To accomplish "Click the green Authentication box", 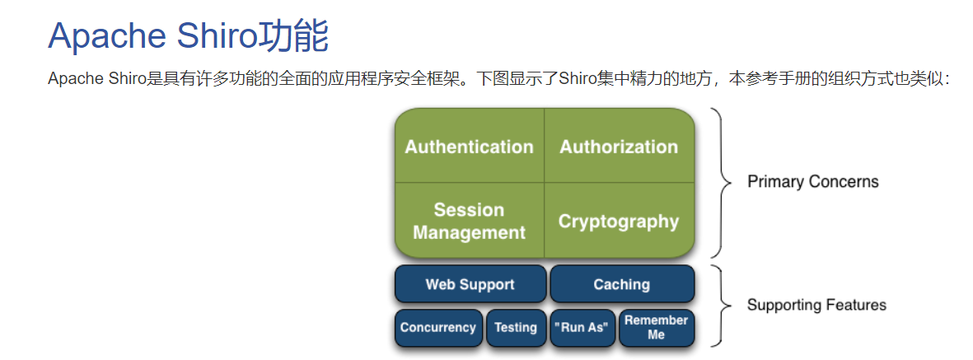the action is (x=469, y=147).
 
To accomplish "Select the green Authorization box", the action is (x=619, y=147).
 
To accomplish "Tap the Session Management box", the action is (x=469, y=221).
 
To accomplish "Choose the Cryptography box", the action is (x=619, y=221).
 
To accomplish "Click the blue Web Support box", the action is (x=470, y=284).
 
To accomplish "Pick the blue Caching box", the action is (x=621, y=284).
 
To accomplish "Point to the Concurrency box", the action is (x=438, y=327).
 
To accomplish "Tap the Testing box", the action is (x=516, y=327).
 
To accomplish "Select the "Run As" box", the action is (x=582, y=327).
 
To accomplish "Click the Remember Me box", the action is (x=656, y=327).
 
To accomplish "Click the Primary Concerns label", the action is (x=812, y=181).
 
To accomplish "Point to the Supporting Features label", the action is (x=816, y=305).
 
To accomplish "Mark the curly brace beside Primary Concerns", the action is (x=722, y=182).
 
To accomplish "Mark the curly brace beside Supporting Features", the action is (x=722, y=305).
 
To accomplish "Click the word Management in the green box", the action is (x=469, y=233).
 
